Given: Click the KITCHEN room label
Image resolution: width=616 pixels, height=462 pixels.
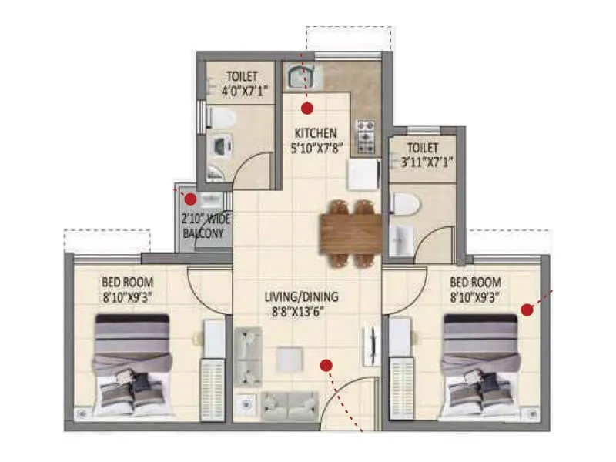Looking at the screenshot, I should click(x=313, y=133).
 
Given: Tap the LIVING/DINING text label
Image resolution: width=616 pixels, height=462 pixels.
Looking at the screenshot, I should click(x=301, y=296).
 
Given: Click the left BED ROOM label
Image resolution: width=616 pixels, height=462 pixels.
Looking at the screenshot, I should click(x=127, y=281).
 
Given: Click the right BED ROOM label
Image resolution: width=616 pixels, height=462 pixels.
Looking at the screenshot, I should click(x=475, y=281).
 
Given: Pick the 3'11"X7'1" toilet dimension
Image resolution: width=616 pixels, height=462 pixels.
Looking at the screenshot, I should click(x=423, y=162).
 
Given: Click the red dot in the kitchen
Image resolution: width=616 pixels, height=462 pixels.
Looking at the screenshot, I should click(x=308, y=108).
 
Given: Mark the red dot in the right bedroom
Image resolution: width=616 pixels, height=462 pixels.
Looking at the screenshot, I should click(x=527, y=310).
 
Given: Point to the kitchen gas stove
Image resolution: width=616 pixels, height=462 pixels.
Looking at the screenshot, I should click(x=364, y=136).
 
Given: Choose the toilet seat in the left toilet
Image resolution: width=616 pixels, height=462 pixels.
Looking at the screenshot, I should click(x=222, y=118).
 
